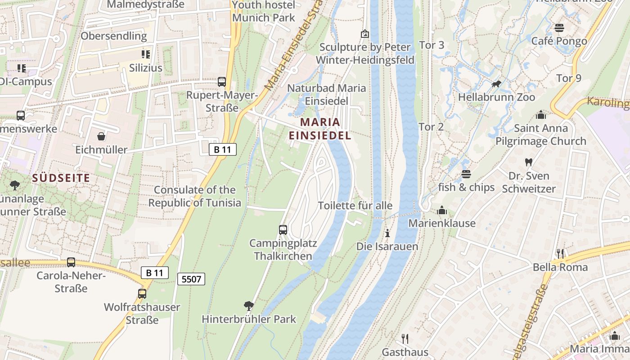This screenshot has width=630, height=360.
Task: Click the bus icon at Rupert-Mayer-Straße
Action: (221, 82)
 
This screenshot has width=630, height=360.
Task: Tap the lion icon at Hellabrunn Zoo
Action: (497, 84)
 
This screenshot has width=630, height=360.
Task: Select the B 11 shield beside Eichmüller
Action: (223, 149)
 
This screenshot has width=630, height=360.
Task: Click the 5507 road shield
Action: (191, 279)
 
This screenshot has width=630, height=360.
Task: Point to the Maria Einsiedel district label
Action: (320, 129)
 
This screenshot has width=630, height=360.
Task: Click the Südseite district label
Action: (61, 178)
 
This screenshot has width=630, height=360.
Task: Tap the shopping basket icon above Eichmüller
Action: (101, 136)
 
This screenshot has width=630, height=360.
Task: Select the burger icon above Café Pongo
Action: (559, 28)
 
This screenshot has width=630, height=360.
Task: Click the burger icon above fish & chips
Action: (466, 174)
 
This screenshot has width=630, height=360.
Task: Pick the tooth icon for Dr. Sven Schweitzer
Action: (529, 162)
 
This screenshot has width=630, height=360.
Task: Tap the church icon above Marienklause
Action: (441, 210)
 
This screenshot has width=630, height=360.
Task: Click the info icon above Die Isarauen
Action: (387, 233)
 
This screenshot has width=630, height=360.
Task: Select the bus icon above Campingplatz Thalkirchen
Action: (283, 229)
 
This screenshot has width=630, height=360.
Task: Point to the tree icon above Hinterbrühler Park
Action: (248, 306)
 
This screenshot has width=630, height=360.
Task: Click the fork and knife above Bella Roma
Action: (560, 254)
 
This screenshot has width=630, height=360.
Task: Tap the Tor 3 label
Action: (432, 45)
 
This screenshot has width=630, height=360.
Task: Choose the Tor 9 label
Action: (569, 78)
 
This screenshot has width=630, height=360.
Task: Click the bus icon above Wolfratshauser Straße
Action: (142, 294)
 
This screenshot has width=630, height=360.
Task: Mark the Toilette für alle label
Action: (355, 206)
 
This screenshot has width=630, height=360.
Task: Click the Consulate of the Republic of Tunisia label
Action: (195, 196)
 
